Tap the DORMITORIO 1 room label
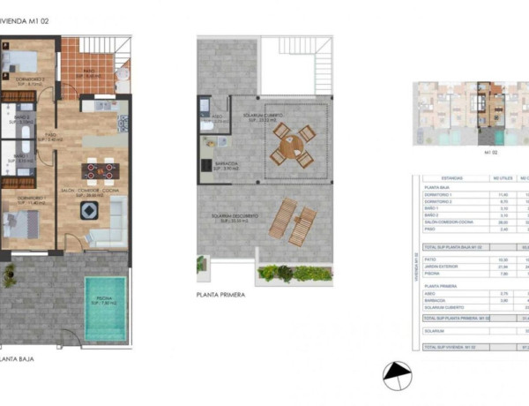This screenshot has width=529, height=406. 29,199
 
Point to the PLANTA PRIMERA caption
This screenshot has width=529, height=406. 221,296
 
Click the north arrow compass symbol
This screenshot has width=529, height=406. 397,375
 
